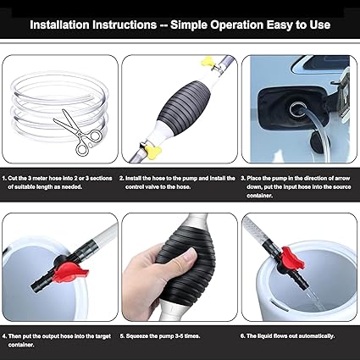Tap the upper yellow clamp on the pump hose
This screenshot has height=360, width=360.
point(207,62)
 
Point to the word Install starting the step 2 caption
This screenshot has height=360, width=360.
point(136,179)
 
